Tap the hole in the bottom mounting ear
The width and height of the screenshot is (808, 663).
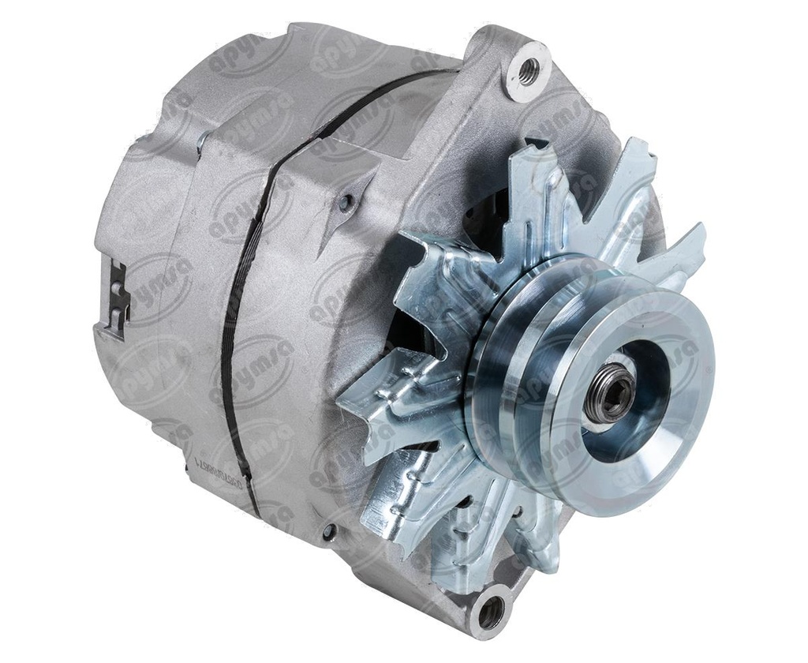(x=490, y=612)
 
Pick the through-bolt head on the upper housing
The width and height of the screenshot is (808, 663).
(x=345, y=204)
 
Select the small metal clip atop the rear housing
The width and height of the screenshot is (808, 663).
(x=203, y=140)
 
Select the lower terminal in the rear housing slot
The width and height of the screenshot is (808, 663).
(x=115, y=316)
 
